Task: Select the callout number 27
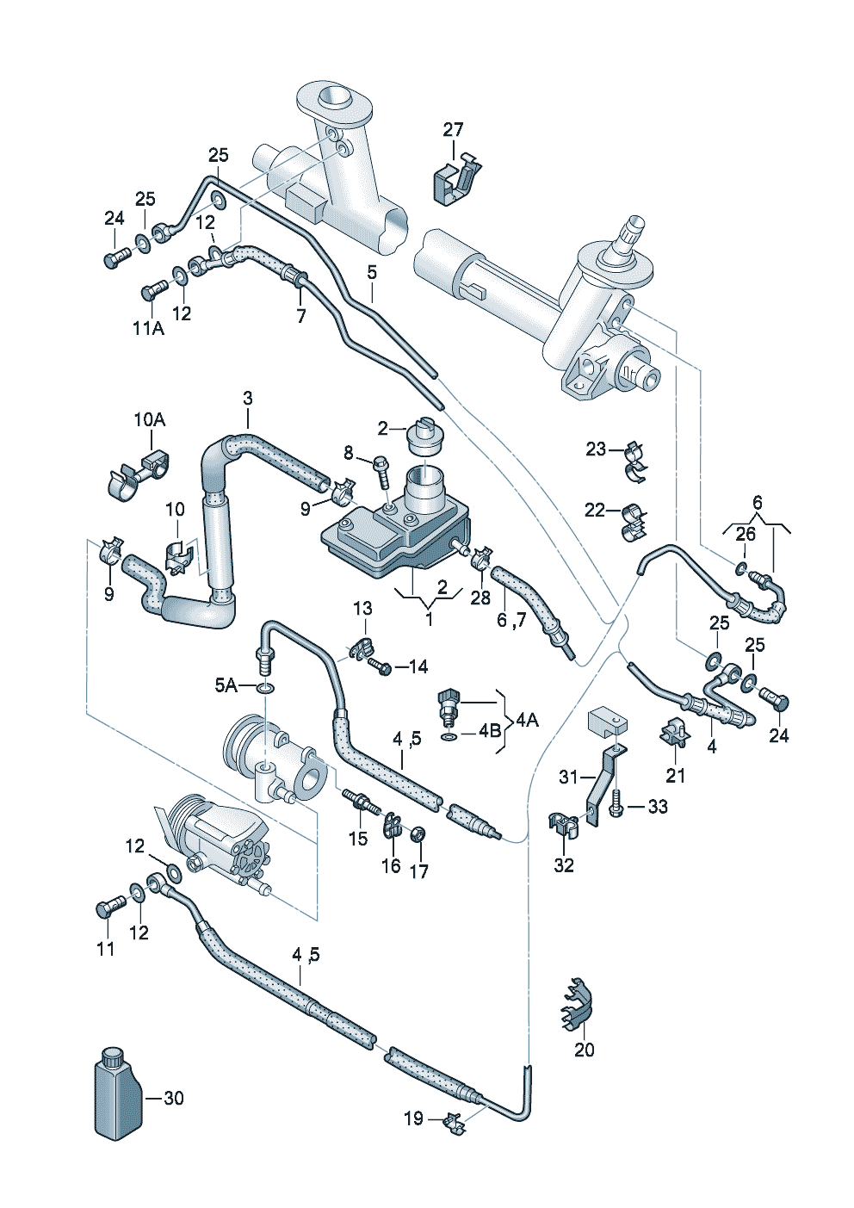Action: pos(453,129)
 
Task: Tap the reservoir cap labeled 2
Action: pos(424,437)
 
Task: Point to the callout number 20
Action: pos(584,1050)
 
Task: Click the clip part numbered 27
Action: pos(455,179)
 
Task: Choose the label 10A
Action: pos(149,419)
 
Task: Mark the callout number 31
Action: pos(568,777)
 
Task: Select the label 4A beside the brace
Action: pos(527,719)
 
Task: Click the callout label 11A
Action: pos(148,328)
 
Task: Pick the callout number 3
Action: pos(248,398)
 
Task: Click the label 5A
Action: pos(226,685)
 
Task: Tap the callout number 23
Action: pos(596,449)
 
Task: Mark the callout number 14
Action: pos(418,666)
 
